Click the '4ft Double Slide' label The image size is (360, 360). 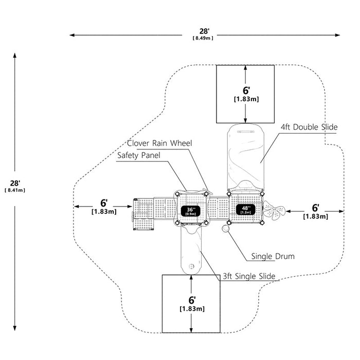(309, 127)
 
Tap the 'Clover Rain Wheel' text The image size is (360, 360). (159, 143)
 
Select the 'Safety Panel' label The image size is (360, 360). (139, 155)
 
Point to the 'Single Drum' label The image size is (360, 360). (273, 256)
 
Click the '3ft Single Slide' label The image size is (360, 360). (249, 276)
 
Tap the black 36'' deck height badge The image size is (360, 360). (191, 211)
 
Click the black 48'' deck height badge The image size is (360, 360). (245, 210)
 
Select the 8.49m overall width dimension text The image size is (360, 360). (203, 38)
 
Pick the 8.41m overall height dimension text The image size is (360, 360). (15, 190)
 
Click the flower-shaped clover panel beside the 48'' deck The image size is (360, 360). (274, 210)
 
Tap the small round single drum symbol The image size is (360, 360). (225, 228)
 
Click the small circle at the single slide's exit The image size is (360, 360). (191, 266)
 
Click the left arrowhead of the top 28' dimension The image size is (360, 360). (72, 35)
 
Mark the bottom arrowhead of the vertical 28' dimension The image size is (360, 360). (15, 328)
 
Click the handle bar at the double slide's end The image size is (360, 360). (246, 132)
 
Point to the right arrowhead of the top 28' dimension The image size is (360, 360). (337, 35)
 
